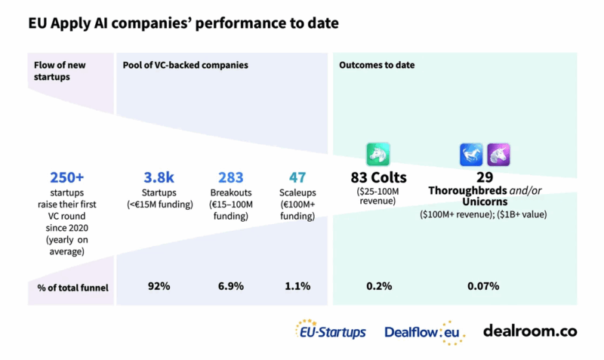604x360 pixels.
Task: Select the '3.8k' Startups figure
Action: [159, 178]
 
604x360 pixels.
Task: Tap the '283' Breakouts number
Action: [230, 178]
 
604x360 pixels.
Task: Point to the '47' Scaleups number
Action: [297, 178]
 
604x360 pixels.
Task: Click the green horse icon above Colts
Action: [377, 154]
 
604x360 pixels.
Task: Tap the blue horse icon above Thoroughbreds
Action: [471, 154]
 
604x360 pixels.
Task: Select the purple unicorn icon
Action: [498, 154]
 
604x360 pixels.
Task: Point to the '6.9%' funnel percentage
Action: [230, 286]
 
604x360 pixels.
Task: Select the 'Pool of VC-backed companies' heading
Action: [186, 66]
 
